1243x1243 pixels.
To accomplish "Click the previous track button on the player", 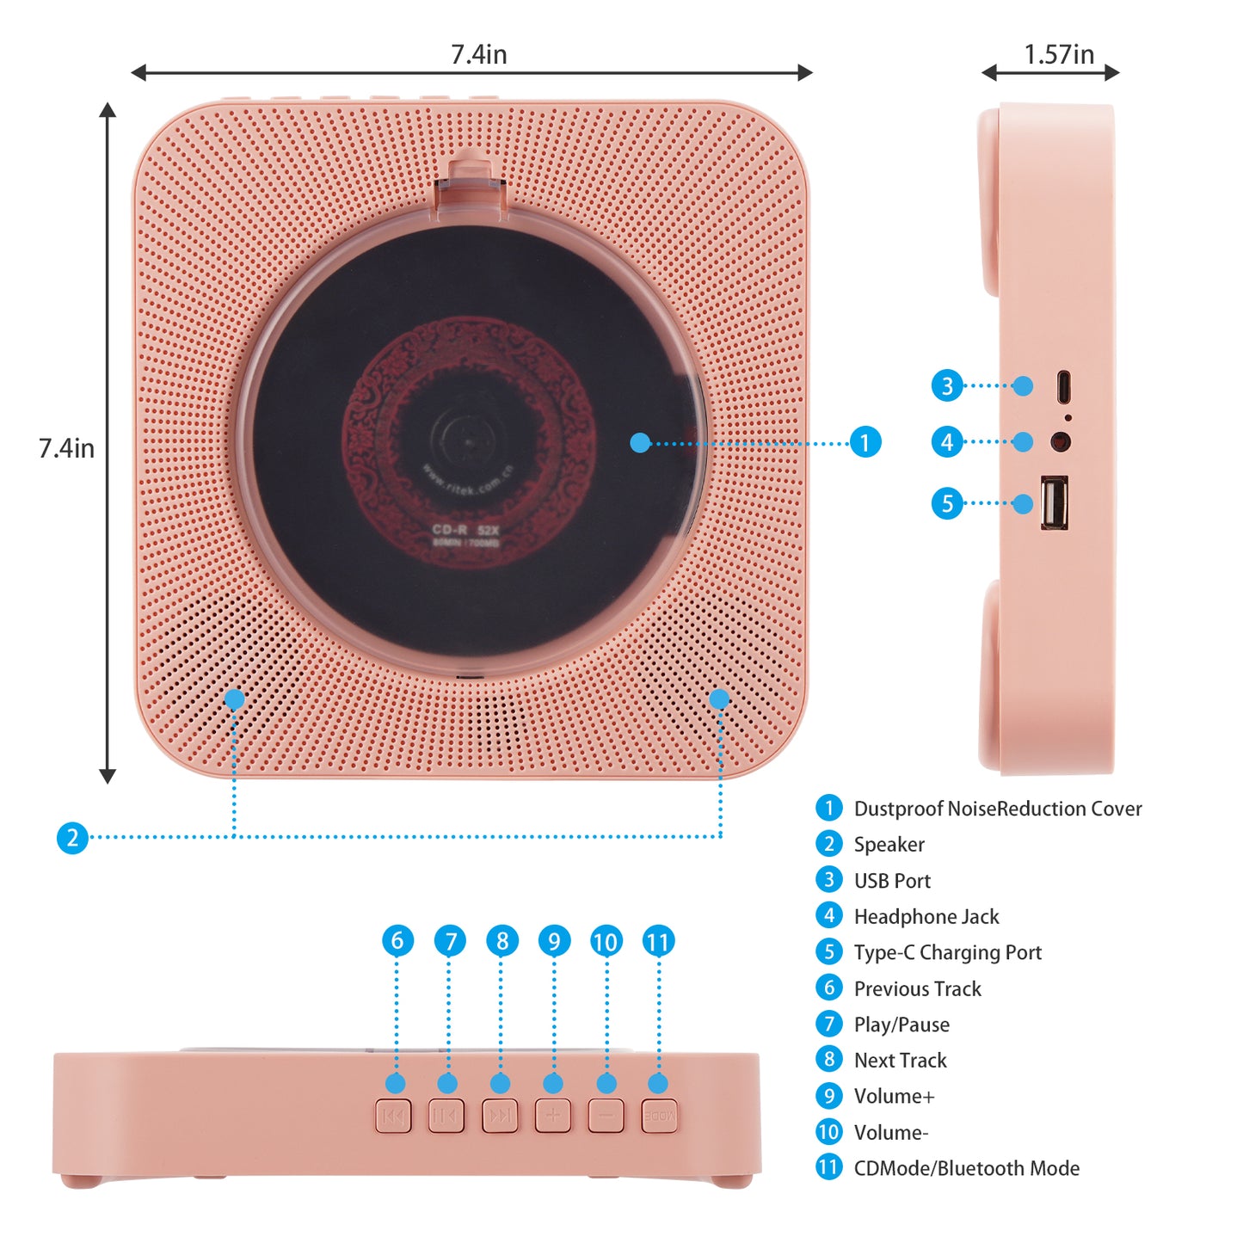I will pyautogui.click(x=393, y=1116).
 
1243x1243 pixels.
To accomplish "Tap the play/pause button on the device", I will pyautogui.click(x=446, y=1116).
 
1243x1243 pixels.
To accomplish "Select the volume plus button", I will pyautogui.click(x=553, y=1116).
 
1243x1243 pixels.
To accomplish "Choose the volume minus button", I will pyautogui.click(x=606, y=1116).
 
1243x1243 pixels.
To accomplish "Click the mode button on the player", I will pyautogui.click(x=660, y=1116).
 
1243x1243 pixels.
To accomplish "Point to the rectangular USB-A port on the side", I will pyautogui.click(x=1055, y=502).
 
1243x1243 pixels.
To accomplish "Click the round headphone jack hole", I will pyautogui.click(x=1061, y=441).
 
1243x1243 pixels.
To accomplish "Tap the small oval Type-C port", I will pyautogui.click(x=1064, y=387).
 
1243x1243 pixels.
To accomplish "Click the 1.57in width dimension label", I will pyautogui.click(x=1059, y=55).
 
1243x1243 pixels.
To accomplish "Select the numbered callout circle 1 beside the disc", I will pyautogui.click(x=865, y=442).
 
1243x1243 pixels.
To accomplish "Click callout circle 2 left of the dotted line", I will pyautogui.click(x=72, y=837).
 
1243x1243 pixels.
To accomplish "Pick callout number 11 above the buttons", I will pyautogui.click(x=659, y=941).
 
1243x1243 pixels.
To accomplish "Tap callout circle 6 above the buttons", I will pyautogui.click(x=397, y=940).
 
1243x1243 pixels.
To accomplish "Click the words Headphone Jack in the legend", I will pyautogui.click(x=926, y=917).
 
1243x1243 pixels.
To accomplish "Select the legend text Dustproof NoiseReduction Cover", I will pyautogui.click(x=998, y=809).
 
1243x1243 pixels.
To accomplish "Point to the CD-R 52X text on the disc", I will pyautogui.click(x=465, y=530).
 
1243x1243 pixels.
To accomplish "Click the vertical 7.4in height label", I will pyautogui.click(x=66, y=448).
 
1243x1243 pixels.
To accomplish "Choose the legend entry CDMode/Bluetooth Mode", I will pyautogui.click(x=966, y=1168).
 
